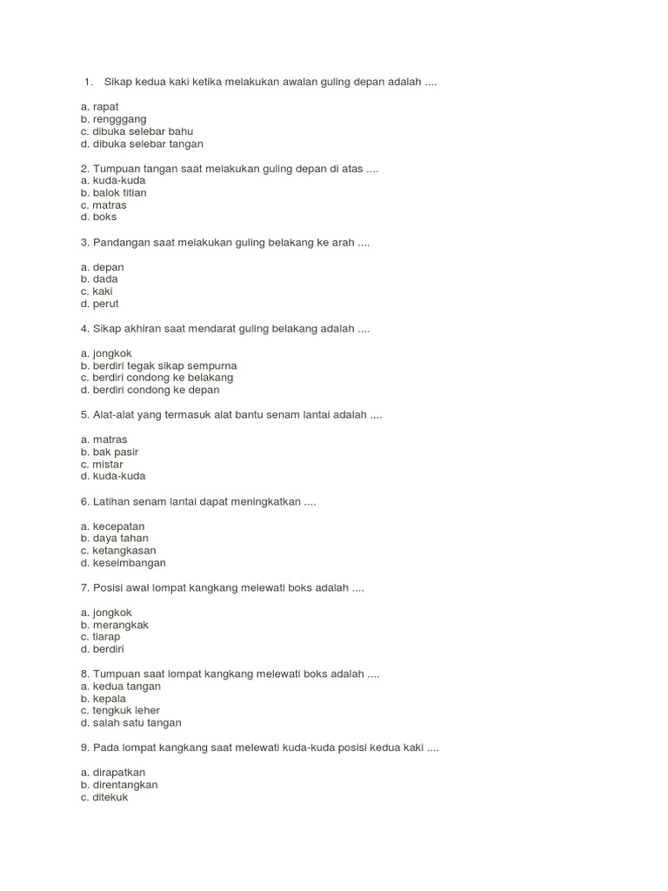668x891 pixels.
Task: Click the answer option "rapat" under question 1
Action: click(x=105, y=106)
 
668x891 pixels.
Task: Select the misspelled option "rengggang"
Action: click(x=119, y=118)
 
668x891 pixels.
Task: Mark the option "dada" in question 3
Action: click(x=105, y=279)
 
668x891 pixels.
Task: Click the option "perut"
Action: click(x=105, y=304)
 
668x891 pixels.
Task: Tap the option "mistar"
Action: click(x=108, y=464)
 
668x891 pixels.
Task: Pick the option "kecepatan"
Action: click(x=118, y=526)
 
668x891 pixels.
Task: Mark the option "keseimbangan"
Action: click(x=129, y=563)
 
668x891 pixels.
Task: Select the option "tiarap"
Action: click(x=106, y=637)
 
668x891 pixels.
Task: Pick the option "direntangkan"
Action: click(x=125, y=785)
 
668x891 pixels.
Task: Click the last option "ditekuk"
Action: click(x=110, y=797)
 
